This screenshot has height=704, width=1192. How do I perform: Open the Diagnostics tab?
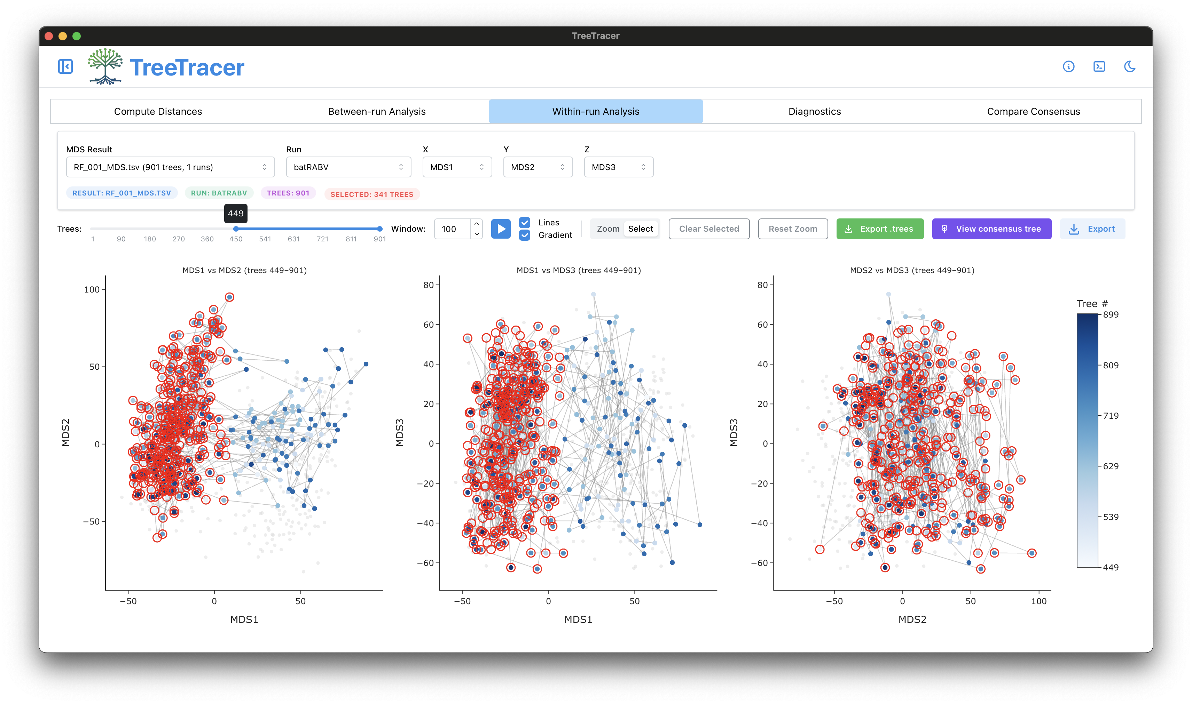814,112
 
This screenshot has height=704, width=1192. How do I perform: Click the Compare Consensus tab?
1033,112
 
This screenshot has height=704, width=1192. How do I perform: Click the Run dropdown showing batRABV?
348,167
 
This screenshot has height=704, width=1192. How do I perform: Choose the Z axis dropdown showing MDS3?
618,167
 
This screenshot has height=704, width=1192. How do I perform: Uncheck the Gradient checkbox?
525,235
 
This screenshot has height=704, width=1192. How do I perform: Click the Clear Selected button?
709,229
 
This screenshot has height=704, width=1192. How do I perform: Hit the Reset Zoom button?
793,229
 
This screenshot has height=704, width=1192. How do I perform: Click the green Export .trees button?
880,229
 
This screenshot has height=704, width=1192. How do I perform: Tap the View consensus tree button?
992,229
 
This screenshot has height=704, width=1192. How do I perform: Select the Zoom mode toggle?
607,229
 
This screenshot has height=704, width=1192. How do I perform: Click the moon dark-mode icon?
1129,66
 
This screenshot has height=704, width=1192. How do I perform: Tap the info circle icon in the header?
1068,66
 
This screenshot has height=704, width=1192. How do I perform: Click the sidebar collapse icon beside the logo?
65,66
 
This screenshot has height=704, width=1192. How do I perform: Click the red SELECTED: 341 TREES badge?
372,194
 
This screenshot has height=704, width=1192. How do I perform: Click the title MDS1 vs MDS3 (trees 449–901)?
579,270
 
